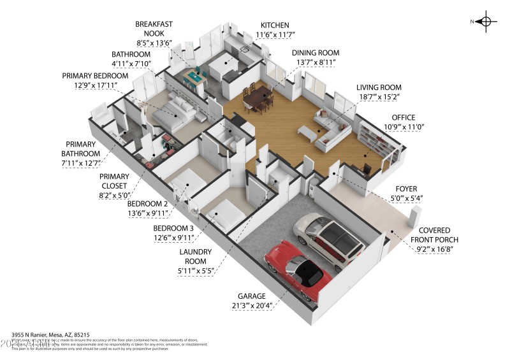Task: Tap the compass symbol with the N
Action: click(486, 21)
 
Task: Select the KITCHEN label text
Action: click(275, 24)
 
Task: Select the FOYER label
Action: click(405, 188)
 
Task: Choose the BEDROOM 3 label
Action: click(173, 228)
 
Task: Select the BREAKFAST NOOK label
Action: click(154, 29)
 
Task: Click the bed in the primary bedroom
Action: click(175, 113)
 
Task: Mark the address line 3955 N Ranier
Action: click(50, 334)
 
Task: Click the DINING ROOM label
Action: click(315, 52)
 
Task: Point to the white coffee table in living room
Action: click(308, 132)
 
